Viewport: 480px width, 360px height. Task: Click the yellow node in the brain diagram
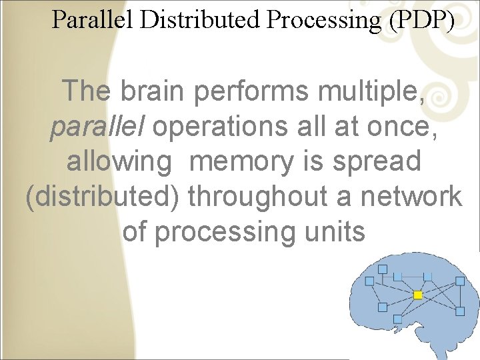(418, 294)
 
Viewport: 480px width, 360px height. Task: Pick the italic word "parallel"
(98, 127)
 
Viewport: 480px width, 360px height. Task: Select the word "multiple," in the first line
(369, 91)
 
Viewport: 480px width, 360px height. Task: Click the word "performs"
(251, 91)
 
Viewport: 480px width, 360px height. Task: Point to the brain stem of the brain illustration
(368, 343)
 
